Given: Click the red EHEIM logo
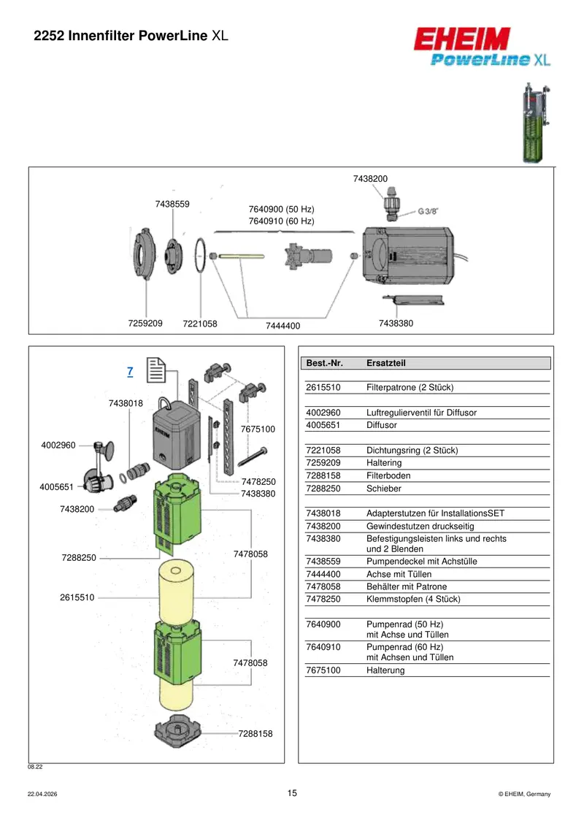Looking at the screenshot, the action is (462, 39).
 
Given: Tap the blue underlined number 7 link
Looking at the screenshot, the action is (130, 372).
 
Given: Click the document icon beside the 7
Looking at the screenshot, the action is (156, 370).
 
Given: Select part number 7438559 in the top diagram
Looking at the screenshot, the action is (172, 204).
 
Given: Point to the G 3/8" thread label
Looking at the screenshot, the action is (428, 211).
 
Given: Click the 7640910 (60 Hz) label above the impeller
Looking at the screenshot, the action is (281, 221).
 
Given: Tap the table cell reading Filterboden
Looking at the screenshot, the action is (388, 475).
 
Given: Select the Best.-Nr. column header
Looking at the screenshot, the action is (324, 363).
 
